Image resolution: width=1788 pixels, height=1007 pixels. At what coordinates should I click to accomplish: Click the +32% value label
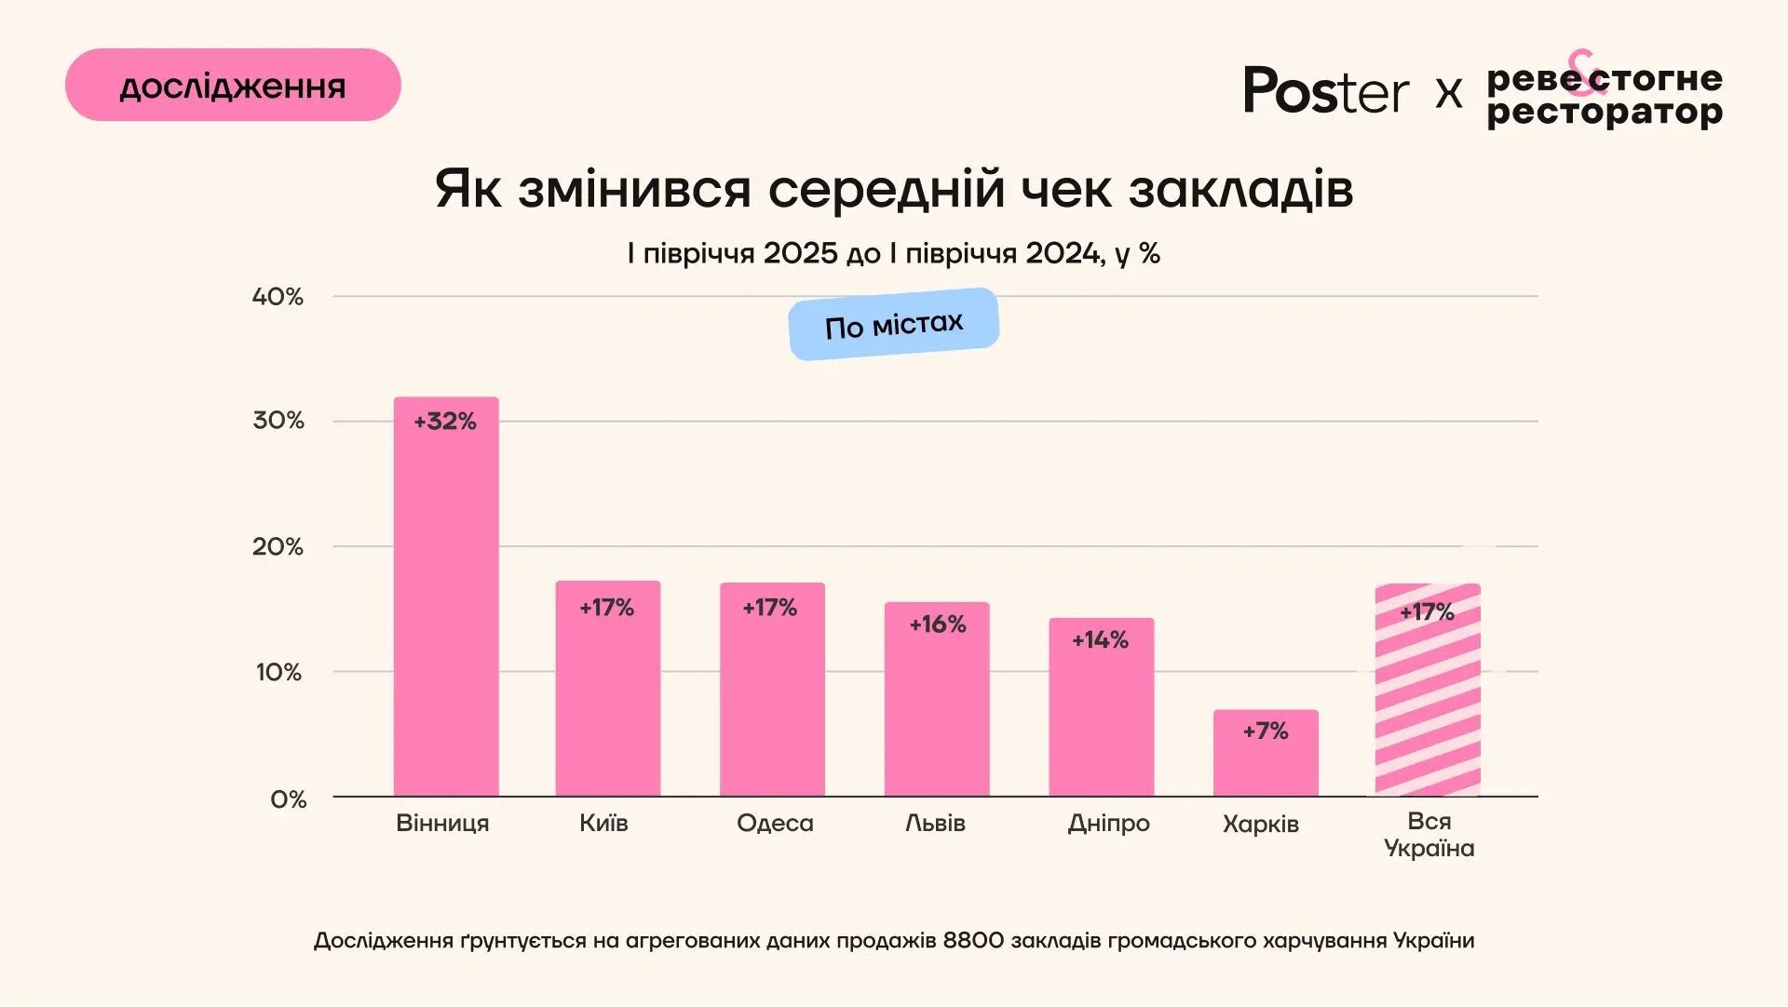[445, 422]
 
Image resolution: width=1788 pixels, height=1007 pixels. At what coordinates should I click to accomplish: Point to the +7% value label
[1266, 732]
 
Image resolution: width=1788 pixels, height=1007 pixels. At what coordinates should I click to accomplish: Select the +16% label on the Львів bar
[938, 624]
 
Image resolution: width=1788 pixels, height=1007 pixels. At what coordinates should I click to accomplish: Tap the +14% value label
[1100, 640]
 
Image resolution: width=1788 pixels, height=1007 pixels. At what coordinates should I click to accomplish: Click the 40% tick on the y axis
[278, 297]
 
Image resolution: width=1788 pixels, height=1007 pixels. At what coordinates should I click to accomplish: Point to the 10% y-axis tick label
[278, 672]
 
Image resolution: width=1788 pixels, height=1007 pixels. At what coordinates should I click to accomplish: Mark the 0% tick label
[288, 799]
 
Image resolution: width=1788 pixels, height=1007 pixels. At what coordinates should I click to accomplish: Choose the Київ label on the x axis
[603, 824]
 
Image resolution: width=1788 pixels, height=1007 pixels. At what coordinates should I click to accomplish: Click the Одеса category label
[775, 824]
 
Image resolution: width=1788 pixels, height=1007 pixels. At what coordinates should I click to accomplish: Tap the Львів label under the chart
[935, 824]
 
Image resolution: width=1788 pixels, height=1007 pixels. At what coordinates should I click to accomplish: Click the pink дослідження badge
[233, 86]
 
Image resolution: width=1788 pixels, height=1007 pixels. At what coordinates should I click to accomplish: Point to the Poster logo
[1326, 91]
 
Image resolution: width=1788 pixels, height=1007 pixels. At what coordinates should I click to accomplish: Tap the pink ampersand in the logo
[1586, 71]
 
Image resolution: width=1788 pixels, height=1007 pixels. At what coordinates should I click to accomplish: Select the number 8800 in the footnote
[973, 941]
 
